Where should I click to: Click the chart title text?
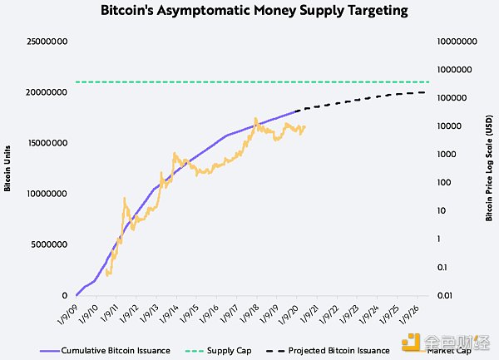pos(254,12)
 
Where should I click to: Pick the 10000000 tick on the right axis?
pos(458,41)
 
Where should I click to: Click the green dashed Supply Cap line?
pos(249,81)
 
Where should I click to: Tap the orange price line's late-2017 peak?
pos(255,119)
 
